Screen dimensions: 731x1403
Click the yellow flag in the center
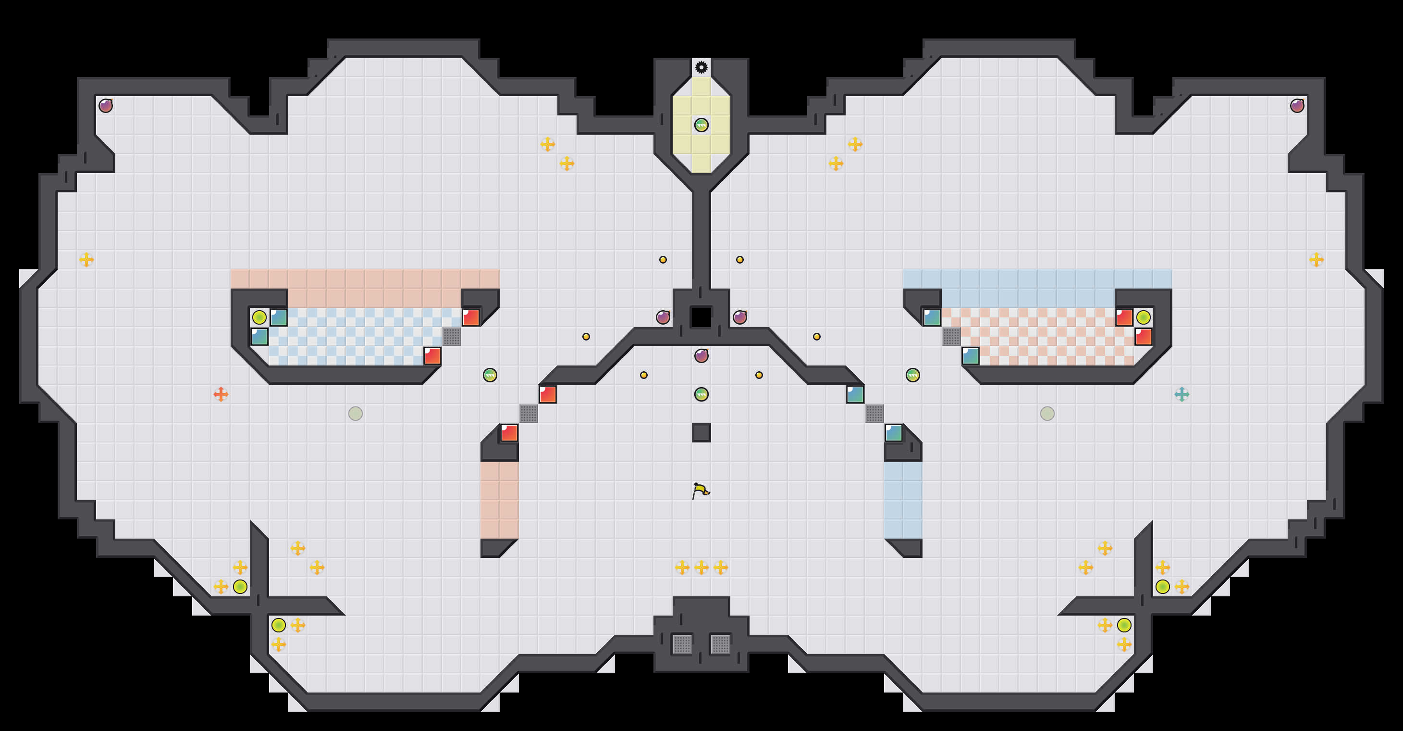click(x=701, y=491)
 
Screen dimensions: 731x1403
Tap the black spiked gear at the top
click(x=701, y=67)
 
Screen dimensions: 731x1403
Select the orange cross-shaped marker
click(x=221, y=394)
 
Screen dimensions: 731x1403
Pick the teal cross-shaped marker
click(x=1181, y=394)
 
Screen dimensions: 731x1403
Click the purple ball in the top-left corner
click(x=106, y=106)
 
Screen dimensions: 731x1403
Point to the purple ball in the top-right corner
click(x=1297, y=106)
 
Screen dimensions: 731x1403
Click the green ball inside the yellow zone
click(x=701, y=126)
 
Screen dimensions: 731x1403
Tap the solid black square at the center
click(x=701, y=317)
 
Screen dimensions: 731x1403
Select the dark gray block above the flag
click(x=701, y=433)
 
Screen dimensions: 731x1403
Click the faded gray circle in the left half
click(x=355, y=414)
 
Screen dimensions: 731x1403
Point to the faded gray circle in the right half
click(x=1047, y=414)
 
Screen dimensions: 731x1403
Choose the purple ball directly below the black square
click(x=701, y=356)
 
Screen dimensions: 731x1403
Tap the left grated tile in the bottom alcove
click(x=682, y=644)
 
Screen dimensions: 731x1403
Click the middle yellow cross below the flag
click(x=701, y=567)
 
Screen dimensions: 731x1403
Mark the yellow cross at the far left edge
click(x=86, y=260)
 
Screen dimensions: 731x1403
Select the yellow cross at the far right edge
click(x=1317, y=260)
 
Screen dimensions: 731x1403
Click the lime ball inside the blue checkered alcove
click(x=259, y=317)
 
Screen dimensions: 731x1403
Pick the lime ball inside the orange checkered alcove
click(x=1143, y=317)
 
